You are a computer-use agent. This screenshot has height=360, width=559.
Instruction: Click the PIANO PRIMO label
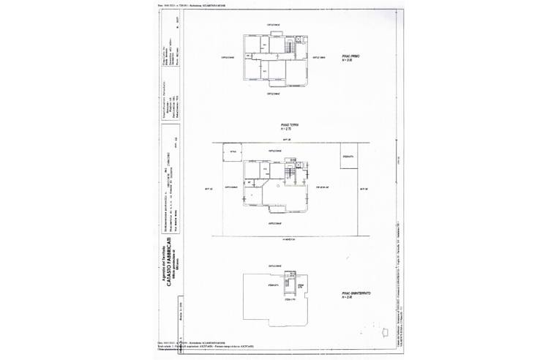[351, 56]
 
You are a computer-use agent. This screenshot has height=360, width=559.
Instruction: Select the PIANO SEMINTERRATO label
[356, 292]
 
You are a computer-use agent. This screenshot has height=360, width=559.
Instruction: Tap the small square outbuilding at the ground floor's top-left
[233, 152]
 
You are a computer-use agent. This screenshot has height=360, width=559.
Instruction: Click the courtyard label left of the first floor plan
[228, 57]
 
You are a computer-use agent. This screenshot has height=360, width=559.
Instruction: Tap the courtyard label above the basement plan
[275, 264]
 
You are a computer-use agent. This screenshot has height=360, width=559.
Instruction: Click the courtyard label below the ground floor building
[275, 222]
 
